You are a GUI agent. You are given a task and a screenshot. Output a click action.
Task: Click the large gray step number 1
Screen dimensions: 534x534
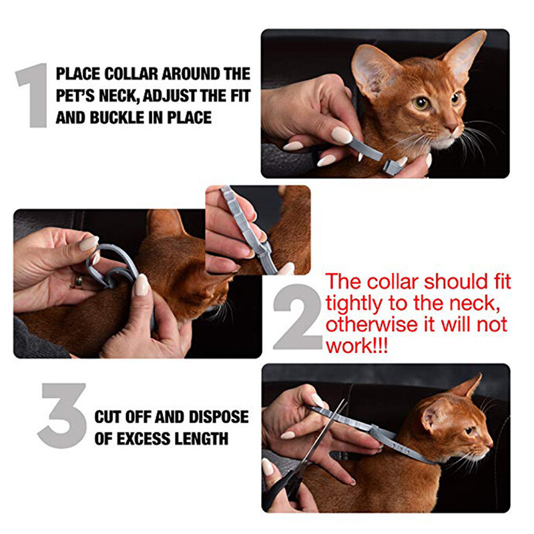(x=33, y=95)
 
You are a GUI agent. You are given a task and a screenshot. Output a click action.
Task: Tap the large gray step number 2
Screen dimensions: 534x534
(x=298, y=316)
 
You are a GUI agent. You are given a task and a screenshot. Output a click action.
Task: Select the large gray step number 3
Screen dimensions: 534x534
(x=62, y=415)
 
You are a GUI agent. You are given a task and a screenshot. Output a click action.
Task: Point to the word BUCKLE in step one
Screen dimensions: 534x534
(x=117, y=117)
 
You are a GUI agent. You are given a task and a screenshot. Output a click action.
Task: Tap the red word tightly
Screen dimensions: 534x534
(x=354, y=304)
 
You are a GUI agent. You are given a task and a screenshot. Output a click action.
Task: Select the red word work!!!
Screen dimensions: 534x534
(x=356, y=346)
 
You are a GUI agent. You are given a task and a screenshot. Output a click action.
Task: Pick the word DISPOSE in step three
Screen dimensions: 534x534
(x=219, y=417)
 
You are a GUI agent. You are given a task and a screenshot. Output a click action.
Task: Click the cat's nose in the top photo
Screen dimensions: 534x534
(x=453, y=128)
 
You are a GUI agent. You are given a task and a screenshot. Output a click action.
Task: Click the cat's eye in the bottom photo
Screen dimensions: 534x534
(x=469, y=431)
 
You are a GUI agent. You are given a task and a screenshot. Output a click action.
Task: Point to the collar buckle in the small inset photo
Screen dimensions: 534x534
(x=263, y=250)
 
